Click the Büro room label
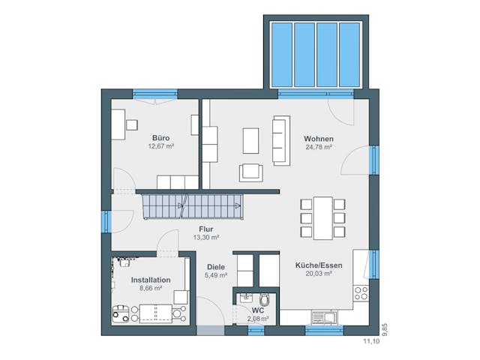161,138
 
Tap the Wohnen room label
319,139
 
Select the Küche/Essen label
319,265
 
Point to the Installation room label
151,280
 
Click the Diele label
215,266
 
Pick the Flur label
206,229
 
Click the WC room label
257,310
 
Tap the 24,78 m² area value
319,148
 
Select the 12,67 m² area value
161,147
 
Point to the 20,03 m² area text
319,274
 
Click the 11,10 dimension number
372,341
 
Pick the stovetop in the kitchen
361,292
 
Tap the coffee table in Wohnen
250,139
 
